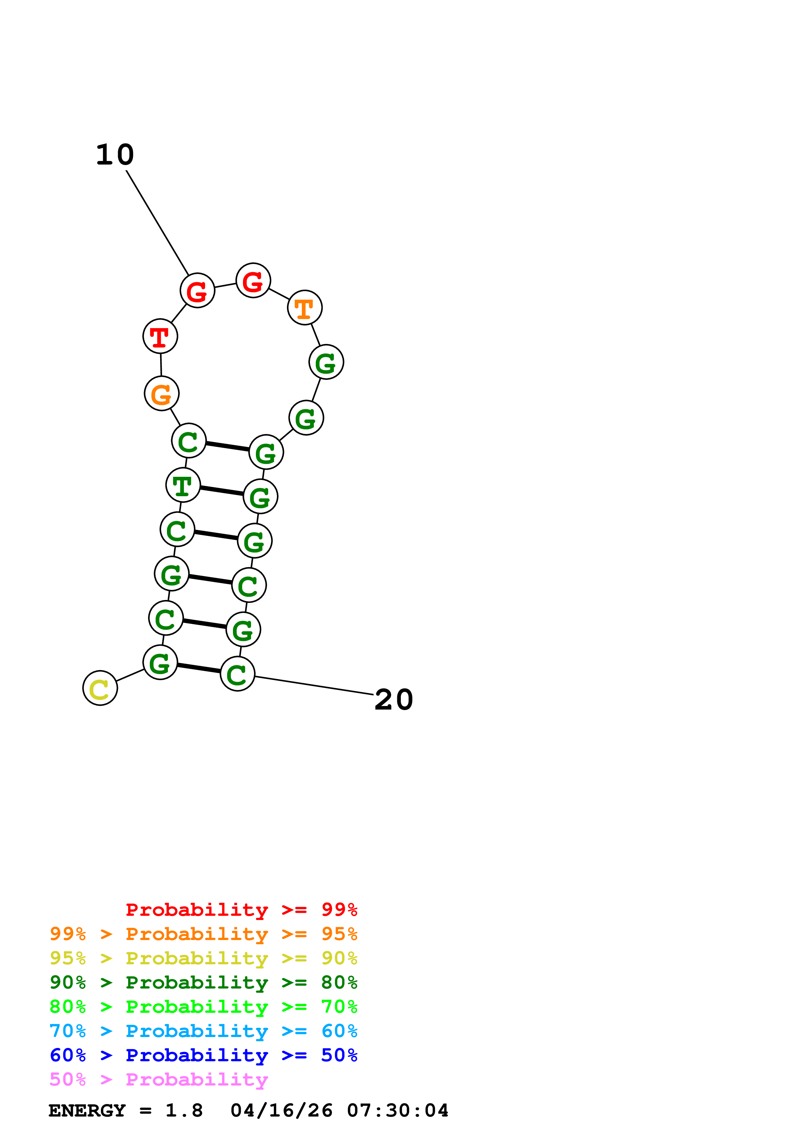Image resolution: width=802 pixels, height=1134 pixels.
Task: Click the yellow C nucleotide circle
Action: pos(100,688)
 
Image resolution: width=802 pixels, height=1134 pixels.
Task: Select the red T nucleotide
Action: pos(160,336)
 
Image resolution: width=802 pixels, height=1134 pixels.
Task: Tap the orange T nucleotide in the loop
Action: pos(304,308)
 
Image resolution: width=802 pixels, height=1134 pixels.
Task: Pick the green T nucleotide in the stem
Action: pos(183,485)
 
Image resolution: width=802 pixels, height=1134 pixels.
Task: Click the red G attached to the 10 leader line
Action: pos(197,290)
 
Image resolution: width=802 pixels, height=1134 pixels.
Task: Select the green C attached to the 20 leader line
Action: pos(237,674)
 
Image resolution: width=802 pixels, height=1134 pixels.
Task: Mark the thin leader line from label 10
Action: pos(157,222)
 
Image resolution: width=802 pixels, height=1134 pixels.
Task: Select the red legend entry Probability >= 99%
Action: pos(241,909)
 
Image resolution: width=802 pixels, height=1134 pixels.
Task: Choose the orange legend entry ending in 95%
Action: pos(203,934)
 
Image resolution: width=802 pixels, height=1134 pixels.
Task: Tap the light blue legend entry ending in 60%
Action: pos(203,1031)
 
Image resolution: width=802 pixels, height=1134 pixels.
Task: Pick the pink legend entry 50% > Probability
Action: pos(159,1079)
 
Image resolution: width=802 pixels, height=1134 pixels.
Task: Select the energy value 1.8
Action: pos(184,1110)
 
